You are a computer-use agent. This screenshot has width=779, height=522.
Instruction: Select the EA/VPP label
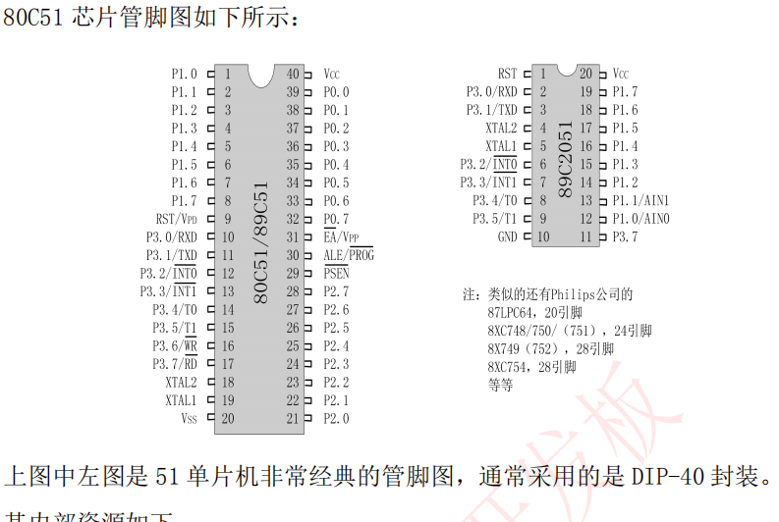pyautogui.click(x=341, y=237)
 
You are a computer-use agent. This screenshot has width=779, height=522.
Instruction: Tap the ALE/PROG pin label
pyautogui.click(x=348, y=255)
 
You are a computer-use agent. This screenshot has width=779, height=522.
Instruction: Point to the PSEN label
pyautogui.click(x=336, y=274)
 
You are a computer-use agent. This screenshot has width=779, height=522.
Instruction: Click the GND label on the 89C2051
pyautogui.click(x=507, y=237)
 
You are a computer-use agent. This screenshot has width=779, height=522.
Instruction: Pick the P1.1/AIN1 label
pyautogui.click(x=640, y=201)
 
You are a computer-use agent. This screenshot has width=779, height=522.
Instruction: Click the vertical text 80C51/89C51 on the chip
pyautogui.click(x=261, y=240)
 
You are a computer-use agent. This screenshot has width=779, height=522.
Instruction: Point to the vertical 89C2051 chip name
pyautogui.click(x=565, y=157)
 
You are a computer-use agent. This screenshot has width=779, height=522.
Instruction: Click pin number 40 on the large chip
pyautogui.click(x=293, y=74)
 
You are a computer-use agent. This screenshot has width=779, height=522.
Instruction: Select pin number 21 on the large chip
pyautogui.click(x=293, y=419)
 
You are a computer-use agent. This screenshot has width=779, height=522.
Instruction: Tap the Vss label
pyautogui.click(x=189, y=419)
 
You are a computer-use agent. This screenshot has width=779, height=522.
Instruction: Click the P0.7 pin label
pyautogui.click(x=336, y=219)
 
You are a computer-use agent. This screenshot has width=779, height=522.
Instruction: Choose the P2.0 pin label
pyautogui.click(x=336, y=419)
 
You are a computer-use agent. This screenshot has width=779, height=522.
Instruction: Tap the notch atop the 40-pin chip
pyautogui.click(x=261, y=73)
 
